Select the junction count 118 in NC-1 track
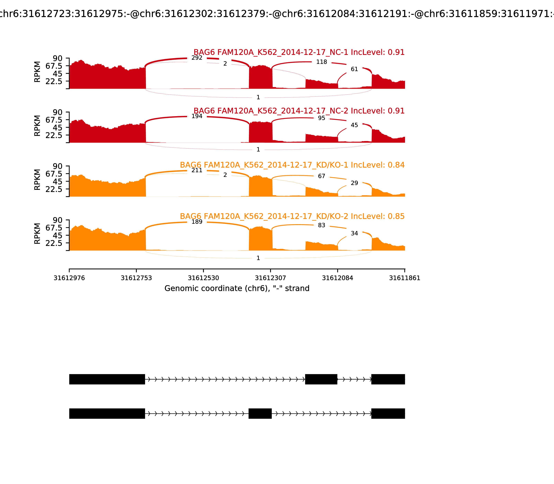[322, 62]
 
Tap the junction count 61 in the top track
[354, 69]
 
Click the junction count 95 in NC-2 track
[322, 118]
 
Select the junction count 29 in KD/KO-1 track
[354, 183]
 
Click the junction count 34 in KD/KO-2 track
[354, 233]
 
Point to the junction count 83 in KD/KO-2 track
[322, 225]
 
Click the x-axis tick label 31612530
[203, 278]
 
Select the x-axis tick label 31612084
[338, 278]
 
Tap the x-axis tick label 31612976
[69, 278]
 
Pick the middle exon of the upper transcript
[321, 379]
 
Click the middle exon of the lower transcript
[260, 413]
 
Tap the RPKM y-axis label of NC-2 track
[37, 126]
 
